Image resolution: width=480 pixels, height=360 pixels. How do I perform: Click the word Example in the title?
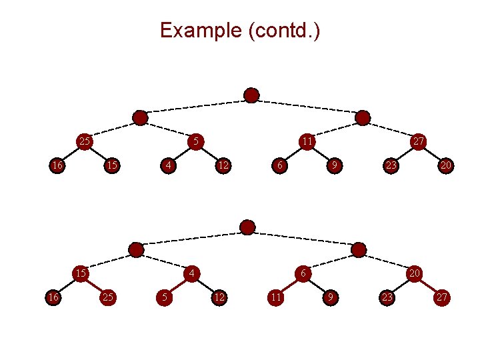(x=201, y=31)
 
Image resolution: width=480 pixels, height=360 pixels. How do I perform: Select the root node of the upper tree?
(x=251, y=96)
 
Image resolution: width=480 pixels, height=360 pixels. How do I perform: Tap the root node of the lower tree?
(x=247, y=227)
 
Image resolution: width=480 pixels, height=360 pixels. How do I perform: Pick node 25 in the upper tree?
(x=85, y=141)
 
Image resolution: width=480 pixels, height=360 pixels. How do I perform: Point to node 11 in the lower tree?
(x=275, y=297)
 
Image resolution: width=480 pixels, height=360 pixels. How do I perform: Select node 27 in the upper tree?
(x=418, y=141)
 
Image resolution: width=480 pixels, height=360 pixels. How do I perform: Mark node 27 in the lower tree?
(x=441, y=297)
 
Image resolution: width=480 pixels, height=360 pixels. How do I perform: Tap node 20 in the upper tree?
(x=445, y=165)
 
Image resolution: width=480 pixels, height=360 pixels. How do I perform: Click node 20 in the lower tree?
(x=414, y=273)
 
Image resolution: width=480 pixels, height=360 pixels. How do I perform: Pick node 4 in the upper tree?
(x=169, y=165)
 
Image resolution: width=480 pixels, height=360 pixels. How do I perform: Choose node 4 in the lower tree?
(x=191, y=273)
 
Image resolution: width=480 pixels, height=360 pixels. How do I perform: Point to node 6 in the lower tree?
(x=303, y=273)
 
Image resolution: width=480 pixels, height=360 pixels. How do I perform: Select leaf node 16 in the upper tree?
(x=58, y=165)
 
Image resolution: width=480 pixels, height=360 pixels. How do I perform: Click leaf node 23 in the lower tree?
(x=386, y=297)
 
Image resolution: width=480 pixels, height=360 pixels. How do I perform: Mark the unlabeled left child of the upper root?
(x=140, y=118)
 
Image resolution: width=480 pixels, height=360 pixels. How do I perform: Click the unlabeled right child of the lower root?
(x=359, y=250)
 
